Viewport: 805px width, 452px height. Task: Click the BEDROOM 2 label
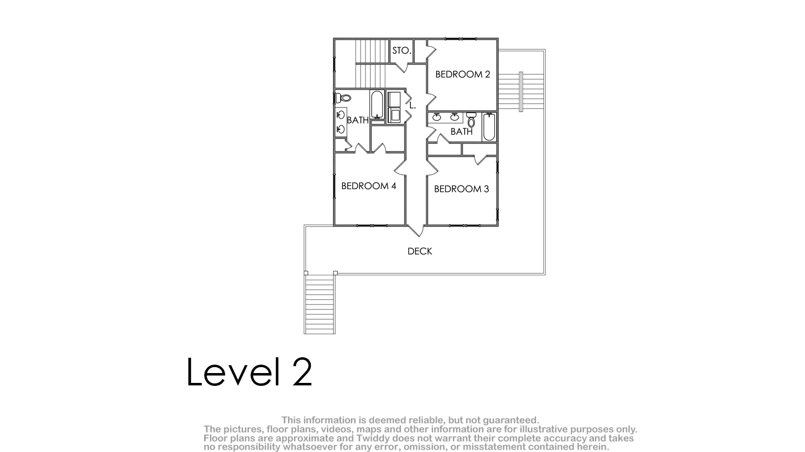coord(463,75)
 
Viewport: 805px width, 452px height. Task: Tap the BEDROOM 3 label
coord(461,189)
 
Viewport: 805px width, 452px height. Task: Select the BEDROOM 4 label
coord(369,186)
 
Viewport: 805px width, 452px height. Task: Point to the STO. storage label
coord(402,51)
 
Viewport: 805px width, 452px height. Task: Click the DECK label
coord(420,251)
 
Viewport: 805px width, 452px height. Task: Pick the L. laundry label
coord(412,106)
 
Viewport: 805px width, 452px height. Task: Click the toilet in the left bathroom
coord(343,97)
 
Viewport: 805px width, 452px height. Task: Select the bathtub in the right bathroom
coord(489,127)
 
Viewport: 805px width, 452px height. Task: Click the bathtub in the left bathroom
coord(377,105)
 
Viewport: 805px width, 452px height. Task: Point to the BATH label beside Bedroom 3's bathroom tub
coord(461,132)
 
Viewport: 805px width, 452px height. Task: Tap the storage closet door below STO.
coord(402,67)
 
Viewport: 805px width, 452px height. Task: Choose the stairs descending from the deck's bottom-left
coord(320,304)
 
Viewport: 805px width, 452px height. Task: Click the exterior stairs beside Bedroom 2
coord(521,92)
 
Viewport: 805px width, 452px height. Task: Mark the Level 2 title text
coord(250,372)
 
